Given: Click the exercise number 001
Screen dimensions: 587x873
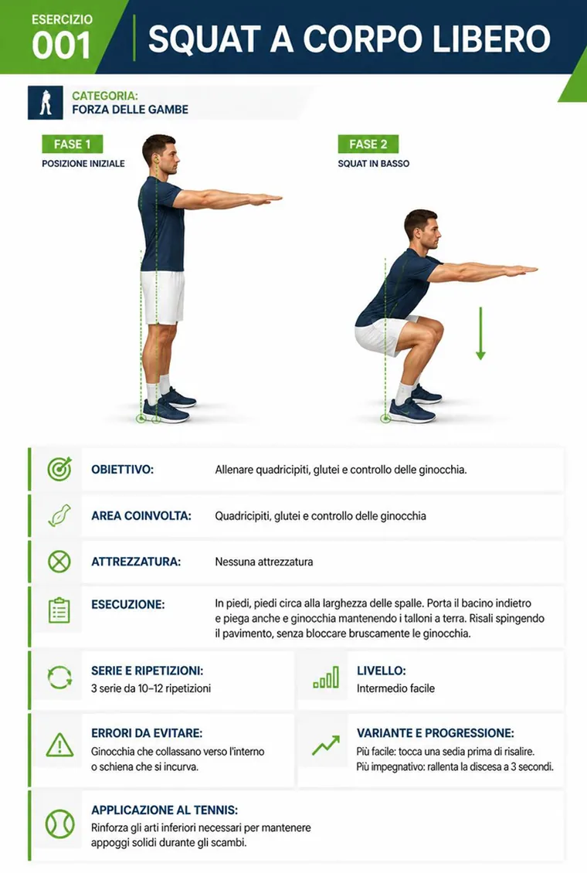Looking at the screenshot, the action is tap(61, 45).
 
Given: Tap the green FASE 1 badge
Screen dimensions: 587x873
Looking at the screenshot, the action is tap(73, 144).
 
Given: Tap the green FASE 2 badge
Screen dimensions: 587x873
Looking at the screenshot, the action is tap(368, 144).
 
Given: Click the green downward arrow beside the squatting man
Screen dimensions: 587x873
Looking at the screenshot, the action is tap(480, 333).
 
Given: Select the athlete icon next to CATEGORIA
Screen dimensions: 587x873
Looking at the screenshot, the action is tap(46, 103).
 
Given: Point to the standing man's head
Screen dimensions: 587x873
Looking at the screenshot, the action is tap(160, 154).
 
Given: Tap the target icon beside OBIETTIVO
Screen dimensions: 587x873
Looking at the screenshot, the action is tap(59, 469).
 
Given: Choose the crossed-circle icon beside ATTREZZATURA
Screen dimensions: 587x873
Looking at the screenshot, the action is tap(59, 561).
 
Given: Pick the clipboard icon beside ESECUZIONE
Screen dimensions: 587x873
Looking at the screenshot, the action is tap(59, 610).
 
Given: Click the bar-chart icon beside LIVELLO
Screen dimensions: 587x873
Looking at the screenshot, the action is tap(326, 677).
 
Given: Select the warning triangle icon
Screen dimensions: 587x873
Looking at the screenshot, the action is tap(59, 745).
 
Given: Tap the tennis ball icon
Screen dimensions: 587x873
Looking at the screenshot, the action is tap(59, 824).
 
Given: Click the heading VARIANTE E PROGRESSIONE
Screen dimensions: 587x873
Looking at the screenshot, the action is tap(435, 732).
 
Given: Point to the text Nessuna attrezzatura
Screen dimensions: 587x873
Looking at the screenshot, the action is tap(263, 562).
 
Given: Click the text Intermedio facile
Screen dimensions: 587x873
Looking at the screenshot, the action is tap(395, 688).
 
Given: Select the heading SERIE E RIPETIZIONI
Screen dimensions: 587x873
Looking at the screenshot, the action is tap(147, 671).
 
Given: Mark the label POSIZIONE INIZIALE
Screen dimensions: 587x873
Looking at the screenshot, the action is tap(83, 164).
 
